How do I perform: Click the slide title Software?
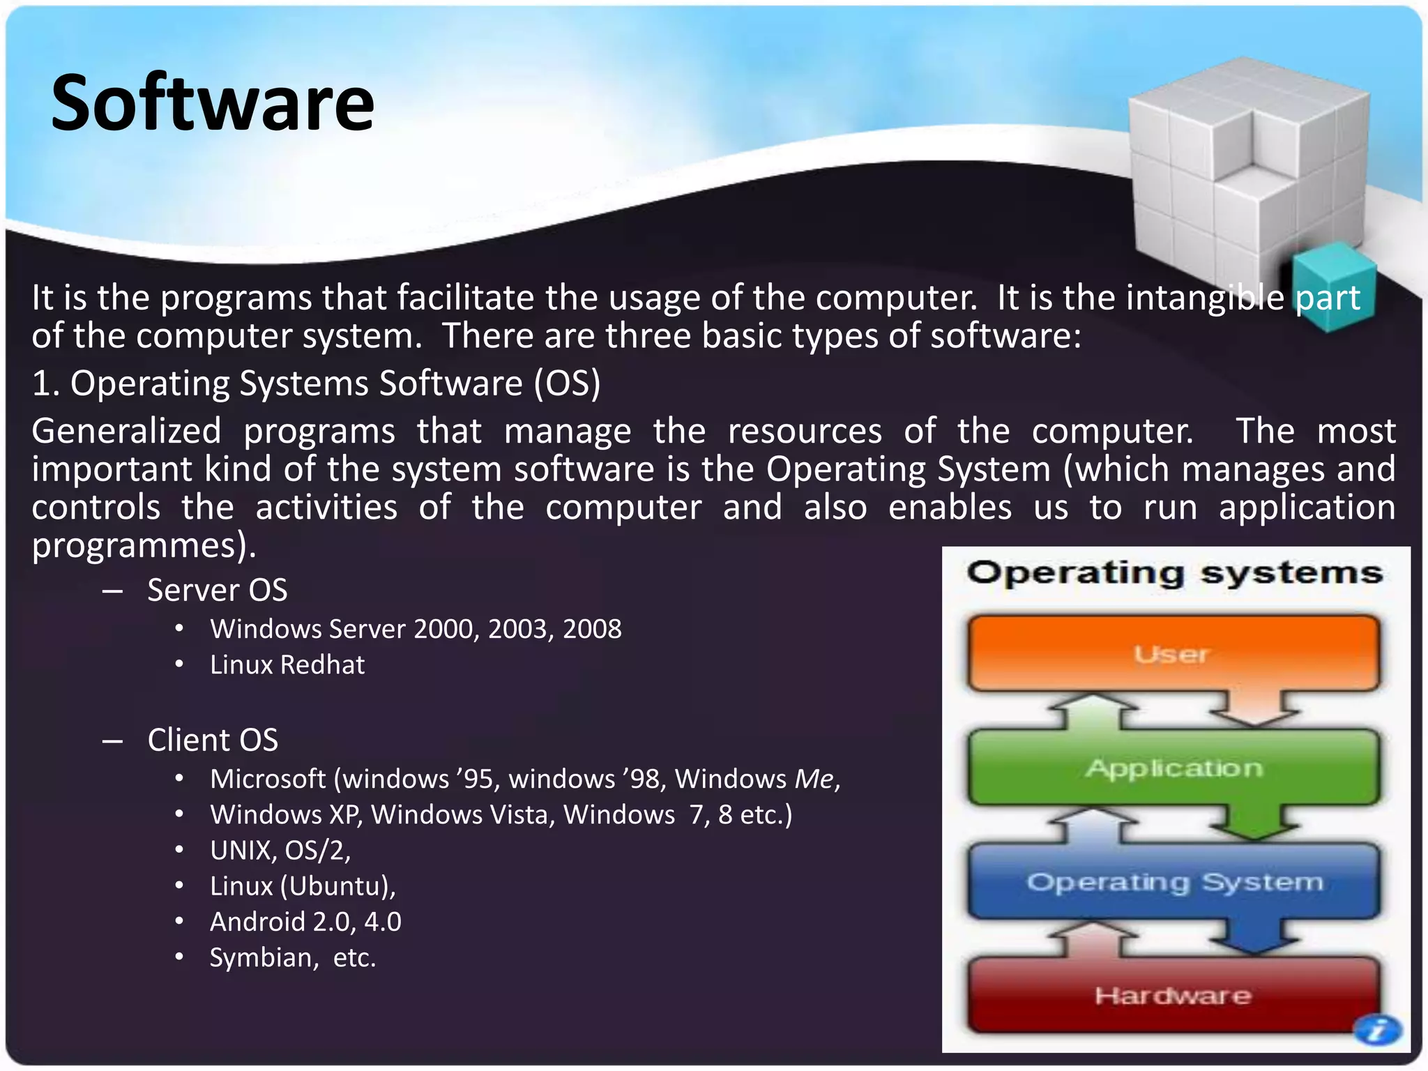(213, 103)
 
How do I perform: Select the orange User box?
(1173, 653)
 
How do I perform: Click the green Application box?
(1173, 768)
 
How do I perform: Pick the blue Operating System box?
(1173, 882)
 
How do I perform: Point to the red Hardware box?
(1173, 995)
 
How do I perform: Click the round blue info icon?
(1377, 1029)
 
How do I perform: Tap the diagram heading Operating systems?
(1174, 573)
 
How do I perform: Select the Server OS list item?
(217, 590)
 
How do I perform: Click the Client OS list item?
(213, 740)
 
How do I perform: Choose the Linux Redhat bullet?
(287, 664)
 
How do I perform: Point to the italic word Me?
(814, 779)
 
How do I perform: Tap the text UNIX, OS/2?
(280, 850)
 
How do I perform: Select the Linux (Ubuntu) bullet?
(303, 886)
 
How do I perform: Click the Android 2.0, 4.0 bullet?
(305, 922)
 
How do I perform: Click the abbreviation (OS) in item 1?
(567, 383)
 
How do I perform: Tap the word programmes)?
(144, 545)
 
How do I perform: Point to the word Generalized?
(126, 431)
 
